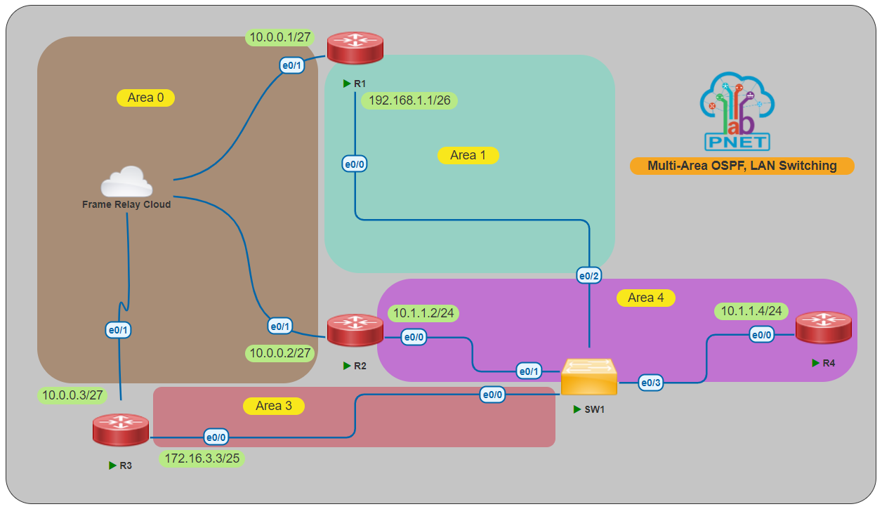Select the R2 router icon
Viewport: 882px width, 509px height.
[355, 330]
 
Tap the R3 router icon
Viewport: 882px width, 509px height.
[120, 430]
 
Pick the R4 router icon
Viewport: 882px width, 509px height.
[823, 328]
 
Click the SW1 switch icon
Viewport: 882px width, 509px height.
[589, 378]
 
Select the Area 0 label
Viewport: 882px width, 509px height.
[145, 98]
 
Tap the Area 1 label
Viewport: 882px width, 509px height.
[468, 155]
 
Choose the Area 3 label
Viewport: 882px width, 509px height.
[273, 406]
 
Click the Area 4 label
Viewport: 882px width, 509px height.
[645, 298]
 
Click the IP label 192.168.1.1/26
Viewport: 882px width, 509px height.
[409, 100]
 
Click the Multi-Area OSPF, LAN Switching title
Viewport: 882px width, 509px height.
[742, 166]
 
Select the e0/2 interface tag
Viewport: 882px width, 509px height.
[588, 276]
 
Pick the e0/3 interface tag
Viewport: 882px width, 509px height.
[650, 383]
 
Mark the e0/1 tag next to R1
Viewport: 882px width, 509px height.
[291, 66]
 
